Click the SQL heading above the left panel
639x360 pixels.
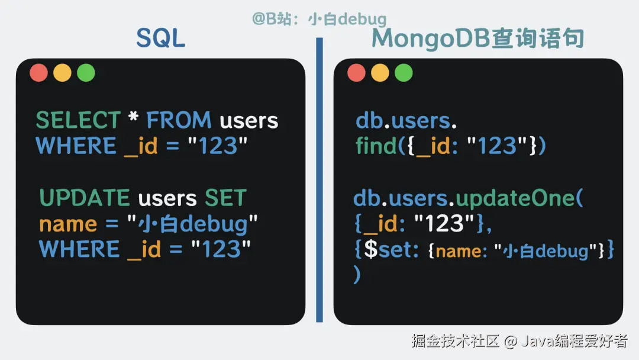[x=160, y=38]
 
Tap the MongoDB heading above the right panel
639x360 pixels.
[x=477, y=38]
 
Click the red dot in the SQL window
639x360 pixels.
[x=38, y=73]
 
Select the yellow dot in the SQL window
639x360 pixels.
[x=62, y=73]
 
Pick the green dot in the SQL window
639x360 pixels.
[x=86, y=73]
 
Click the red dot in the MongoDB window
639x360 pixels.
[x=357, y=73]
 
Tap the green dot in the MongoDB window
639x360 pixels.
[x=404, y=73]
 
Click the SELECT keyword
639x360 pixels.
[x=78, y=120]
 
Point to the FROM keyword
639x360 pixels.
[x=179, y=120]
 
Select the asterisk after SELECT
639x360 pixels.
[x=133, y=117]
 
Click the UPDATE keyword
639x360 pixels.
[x=85, y=198]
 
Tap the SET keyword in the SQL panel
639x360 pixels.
[x=225, y=198]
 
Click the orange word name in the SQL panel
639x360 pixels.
[x=68, y=224]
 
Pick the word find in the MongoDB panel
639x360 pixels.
[x=376, y=146]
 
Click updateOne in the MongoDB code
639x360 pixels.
[x=515, y=198]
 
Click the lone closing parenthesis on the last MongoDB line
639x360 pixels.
[x=357, y=274]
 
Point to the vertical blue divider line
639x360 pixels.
[x=319, y=180]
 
